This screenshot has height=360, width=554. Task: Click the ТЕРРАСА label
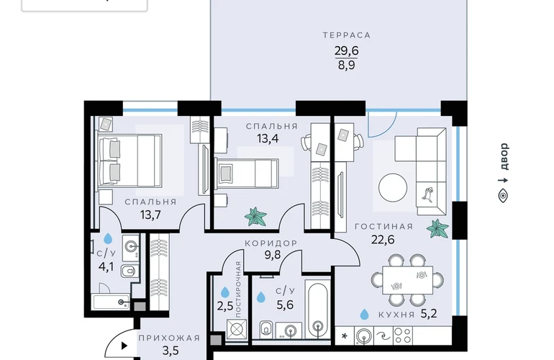click(x=347, y=35)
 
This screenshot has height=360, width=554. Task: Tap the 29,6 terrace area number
click(x=347, y=50)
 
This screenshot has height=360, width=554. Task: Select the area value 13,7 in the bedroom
click(x=150, y=215)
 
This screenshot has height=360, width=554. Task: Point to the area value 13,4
click(x=268, y=139)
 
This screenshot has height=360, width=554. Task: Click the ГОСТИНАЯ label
click(x=383, y=227)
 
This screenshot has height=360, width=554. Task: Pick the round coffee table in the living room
click(x=393, y=188)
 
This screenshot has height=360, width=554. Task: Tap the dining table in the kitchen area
click(x=407, y=280)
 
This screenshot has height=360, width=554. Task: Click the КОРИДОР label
click(x=271, y=243)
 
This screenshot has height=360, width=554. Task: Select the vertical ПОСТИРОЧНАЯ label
click(x=238, y=289)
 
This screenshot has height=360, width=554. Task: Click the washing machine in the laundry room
click(x=237, y=329)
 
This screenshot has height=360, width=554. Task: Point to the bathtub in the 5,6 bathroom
click(x=317, y=310)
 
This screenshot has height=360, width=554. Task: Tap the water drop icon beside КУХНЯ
click(x=364, y=314)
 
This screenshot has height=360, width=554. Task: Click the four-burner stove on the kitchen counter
click(x=402, y=336)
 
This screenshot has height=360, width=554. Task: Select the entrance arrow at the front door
click(x=124, y=346)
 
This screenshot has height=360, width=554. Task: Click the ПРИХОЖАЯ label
click(x=169, y=338)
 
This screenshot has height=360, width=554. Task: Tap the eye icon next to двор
click(x=503, y=196)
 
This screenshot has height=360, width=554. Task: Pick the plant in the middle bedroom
click(x=256, y=217)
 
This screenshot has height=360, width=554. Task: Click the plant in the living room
click(x=437, y=228)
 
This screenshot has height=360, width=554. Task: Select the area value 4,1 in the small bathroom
click(x=106, y=266)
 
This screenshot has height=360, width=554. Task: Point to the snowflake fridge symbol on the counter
click(x=345, y=336)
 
